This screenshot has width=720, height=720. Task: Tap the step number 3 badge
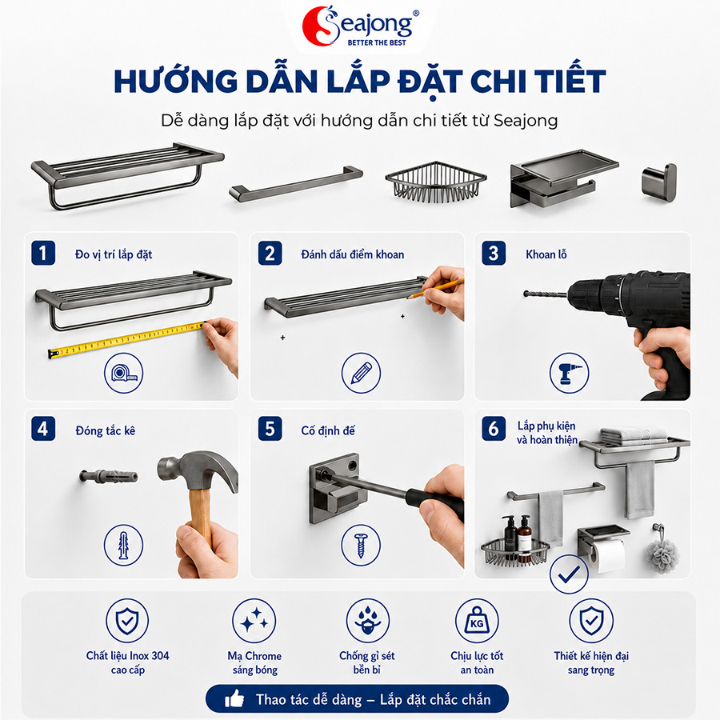pyautogui.click(x=494, y=253)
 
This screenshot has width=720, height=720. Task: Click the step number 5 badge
pyautogui.click(x=270, y=429)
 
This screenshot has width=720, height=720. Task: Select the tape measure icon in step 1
pyautogui.click(x=123, y=373)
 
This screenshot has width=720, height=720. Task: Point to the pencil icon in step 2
pyautogui.click(x=361, y=373)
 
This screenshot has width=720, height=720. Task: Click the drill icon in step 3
pyautogui.click(x=569, y=373)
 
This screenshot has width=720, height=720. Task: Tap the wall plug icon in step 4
pyautogui.click(x=123, y=545)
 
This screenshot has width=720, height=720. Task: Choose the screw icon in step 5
pyautogui.click(x=361, y=545)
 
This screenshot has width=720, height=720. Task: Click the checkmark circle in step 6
pyautogui.click(x=569, y=574)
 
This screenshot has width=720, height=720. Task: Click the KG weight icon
pyautogui.click(x=477, y=621)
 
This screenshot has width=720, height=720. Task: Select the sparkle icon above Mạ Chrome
pyautogui.click(x=254, y=621)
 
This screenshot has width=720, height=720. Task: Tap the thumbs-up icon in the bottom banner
pyautogui.click(x=234, y=699)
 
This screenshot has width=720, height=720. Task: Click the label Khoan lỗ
pyautogui.click(x=546, y=254)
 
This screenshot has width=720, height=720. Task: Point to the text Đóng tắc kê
pyautogui.click(x=105, y=430)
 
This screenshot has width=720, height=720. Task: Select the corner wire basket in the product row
pyautogui.click(x=435, y=182)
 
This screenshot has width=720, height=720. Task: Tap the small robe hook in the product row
pyautogui.click(x=659, y=182)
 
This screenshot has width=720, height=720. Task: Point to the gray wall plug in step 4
pyautogui.click(x=108, y=475)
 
